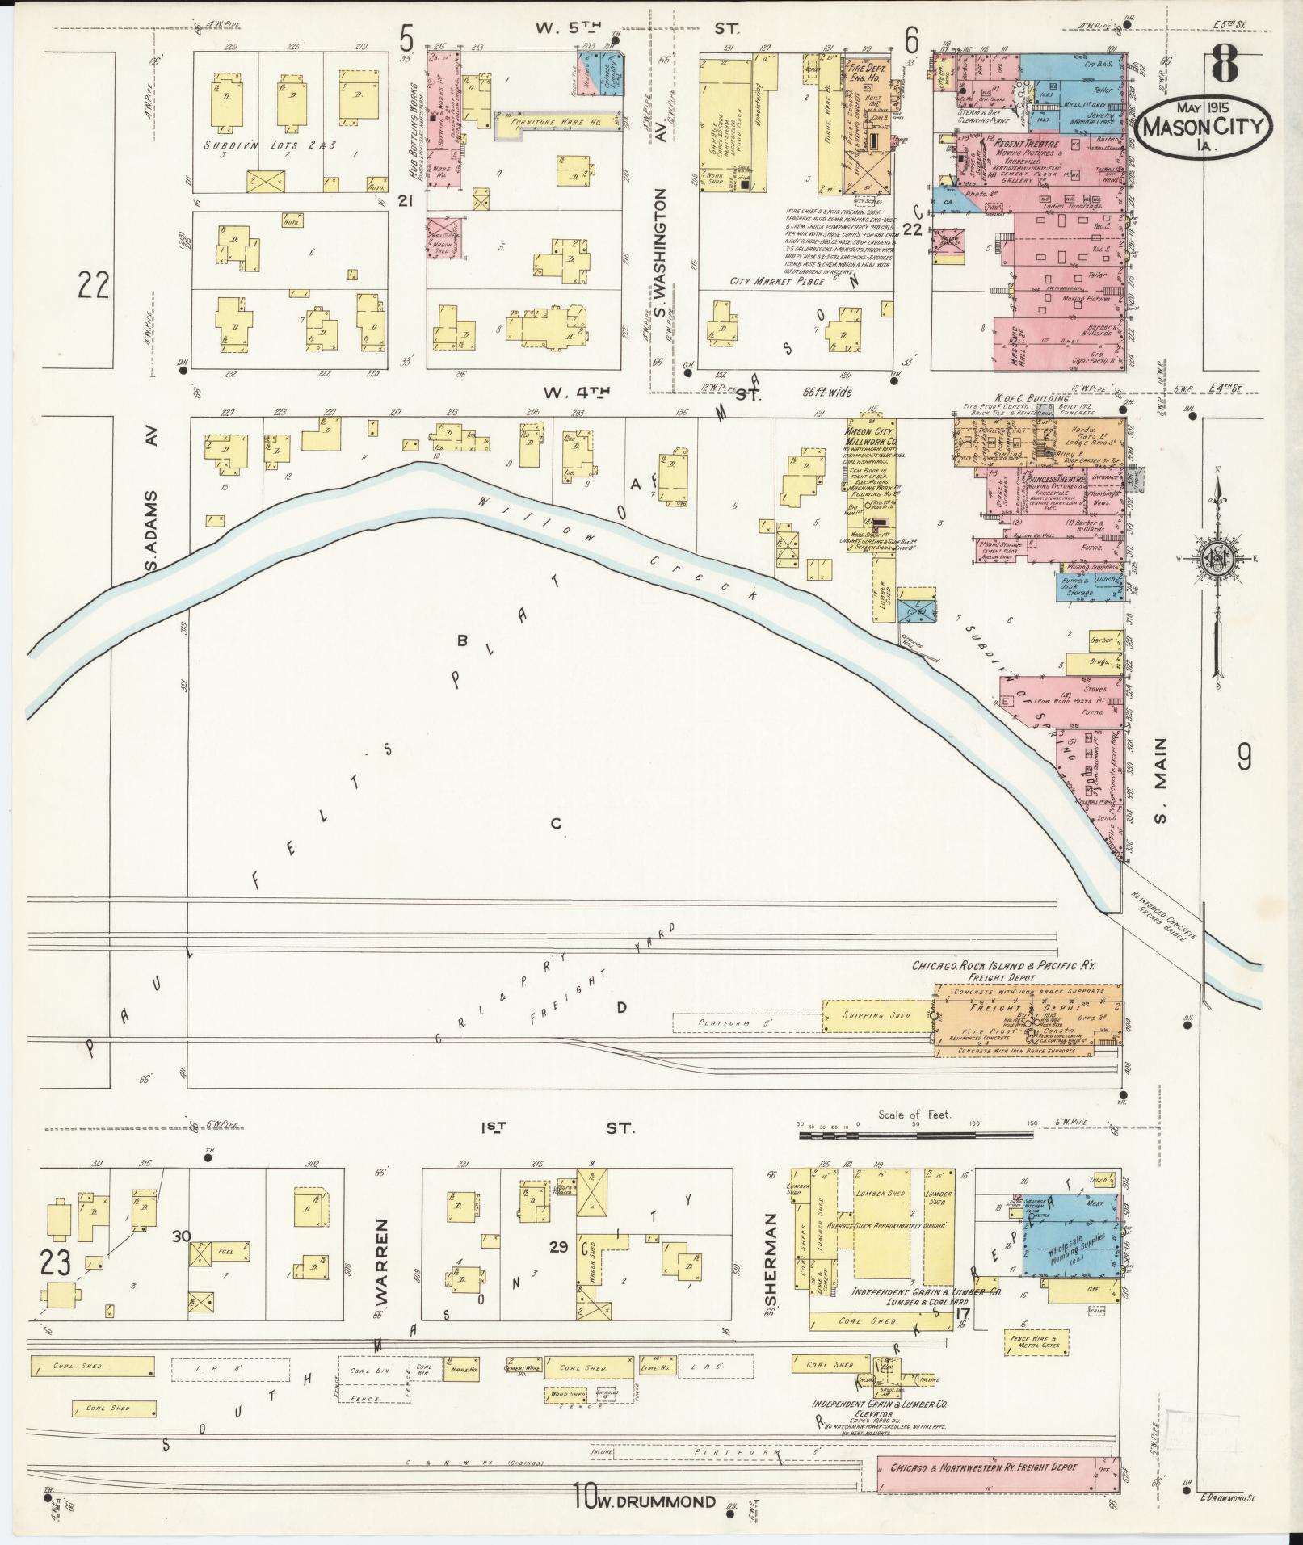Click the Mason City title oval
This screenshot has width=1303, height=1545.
point(1204,126)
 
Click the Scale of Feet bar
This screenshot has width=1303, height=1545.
point(914,1135)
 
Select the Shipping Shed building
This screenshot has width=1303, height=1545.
point(876,1015)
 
